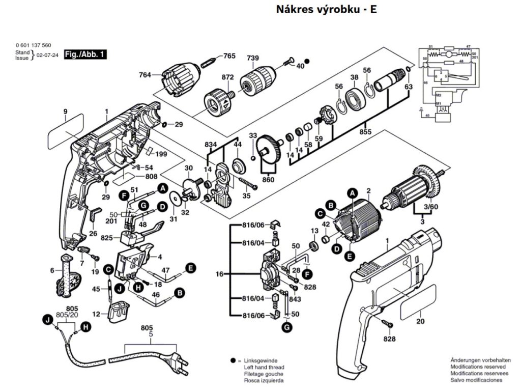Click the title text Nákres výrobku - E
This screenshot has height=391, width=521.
pos(326,10)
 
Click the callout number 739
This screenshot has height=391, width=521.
pos(253,58)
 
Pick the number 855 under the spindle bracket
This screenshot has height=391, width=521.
pos(365,132)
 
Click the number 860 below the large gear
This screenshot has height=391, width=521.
pos(268,180)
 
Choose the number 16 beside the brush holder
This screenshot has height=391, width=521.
pos(219,274)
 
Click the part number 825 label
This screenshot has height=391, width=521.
pos(106,238)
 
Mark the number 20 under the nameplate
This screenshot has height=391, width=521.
pos(420,321)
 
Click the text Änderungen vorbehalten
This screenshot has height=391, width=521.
pos(477,360)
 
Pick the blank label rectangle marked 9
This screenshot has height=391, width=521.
pos(66,128)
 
